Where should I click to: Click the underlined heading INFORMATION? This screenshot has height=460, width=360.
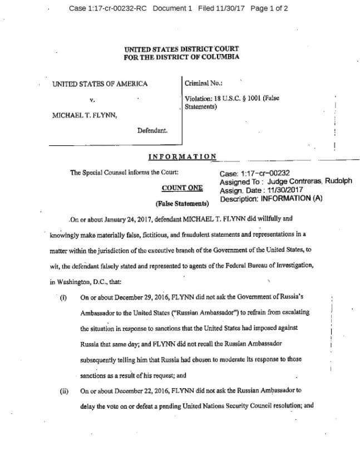point(182,156)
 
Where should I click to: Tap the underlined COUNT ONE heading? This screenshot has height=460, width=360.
point(182,188)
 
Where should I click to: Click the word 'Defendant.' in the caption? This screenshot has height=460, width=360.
point(152,131)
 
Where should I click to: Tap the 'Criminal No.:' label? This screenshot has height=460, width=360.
point(204,83)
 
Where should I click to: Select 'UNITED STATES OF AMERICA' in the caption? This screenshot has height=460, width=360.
point(100,84)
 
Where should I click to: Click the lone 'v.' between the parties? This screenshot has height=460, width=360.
point(92,100)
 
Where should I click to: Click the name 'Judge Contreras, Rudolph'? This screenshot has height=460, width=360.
point(309,181)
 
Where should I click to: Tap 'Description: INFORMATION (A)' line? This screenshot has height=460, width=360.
point(272,198)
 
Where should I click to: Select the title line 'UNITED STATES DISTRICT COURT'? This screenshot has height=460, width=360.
point(181,48)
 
